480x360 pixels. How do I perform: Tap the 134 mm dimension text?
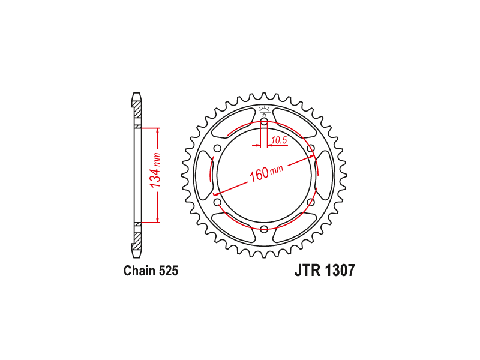155,170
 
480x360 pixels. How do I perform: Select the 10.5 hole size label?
279,140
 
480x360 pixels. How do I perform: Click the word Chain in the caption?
140,271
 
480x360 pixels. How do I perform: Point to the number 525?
169,271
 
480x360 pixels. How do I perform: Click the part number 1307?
340,271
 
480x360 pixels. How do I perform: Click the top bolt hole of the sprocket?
264,123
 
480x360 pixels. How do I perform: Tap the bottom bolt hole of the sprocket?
264,229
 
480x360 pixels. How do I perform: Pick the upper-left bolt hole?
218,149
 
